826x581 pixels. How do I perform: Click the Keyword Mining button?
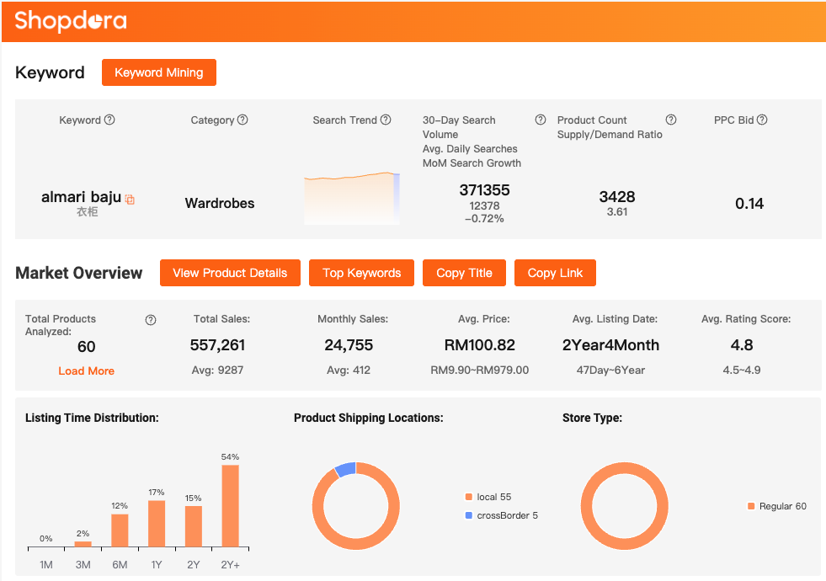158,72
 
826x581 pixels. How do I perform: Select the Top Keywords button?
361,273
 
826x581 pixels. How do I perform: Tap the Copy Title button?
464,273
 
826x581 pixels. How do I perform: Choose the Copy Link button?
555,273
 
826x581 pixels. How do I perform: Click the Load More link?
86,370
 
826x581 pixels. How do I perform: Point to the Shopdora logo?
71,20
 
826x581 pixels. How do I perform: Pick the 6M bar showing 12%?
120,530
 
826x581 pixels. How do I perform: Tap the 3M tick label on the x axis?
83,564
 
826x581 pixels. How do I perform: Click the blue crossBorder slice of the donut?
345,470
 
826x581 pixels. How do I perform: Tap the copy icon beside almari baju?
130,200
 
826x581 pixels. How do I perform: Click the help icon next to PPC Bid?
762,120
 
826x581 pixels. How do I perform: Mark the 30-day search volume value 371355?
484,190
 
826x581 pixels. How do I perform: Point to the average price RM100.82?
479,344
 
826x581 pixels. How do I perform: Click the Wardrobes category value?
220,203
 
